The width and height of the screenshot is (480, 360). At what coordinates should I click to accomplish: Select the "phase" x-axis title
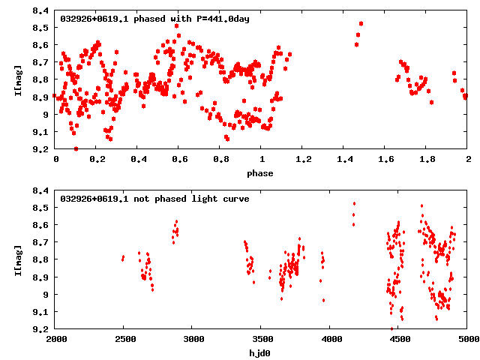(262, 173)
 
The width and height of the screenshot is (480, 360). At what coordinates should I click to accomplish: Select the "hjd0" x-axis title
(262, 352)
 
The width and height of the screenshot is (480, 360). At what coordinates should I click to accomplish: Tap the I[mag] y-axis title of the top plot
(17, 81)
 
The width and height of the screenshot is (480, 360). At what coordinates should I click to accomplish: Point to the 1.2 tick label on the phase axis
(303, 160)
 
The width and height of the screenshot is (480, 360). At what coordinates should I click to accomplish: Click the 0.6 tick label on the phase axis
(179, 160)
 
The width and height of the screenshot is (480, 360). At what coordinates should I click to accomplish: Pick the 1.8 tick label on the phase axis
(427, 160)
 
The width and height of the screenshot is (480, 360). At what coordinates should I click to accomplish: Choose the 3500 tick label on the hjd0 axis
(262, 340)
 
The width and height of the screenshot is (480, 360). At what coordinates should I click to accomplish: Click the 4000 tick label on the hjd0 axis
(331, 340)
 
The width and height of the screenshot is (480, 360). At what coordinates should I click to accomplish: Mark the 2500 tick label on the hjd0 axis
(124, 340)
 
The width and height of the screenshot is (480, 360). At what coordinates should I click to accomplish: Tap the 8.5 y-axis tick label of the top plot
(42, 28)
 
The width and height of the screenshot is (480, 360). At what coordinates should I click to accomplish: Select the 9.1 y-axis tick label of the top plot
(42, 132)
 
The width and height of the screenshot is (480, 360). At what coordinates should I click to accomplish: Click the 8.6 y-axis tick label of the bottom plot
(42, 225)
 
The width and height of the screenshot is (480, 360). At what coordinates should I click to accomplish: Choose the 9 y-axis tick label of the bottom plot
(46, 294)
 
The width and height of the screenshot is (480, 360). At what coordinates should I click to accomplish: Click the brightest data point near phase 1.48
(361, 24)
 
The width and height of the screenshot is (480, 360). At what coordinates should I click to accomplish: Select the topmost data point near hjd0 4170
(354, 203)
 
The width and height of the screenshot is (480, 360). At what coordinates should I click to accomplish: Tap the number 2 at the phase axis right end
(468, 160)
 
